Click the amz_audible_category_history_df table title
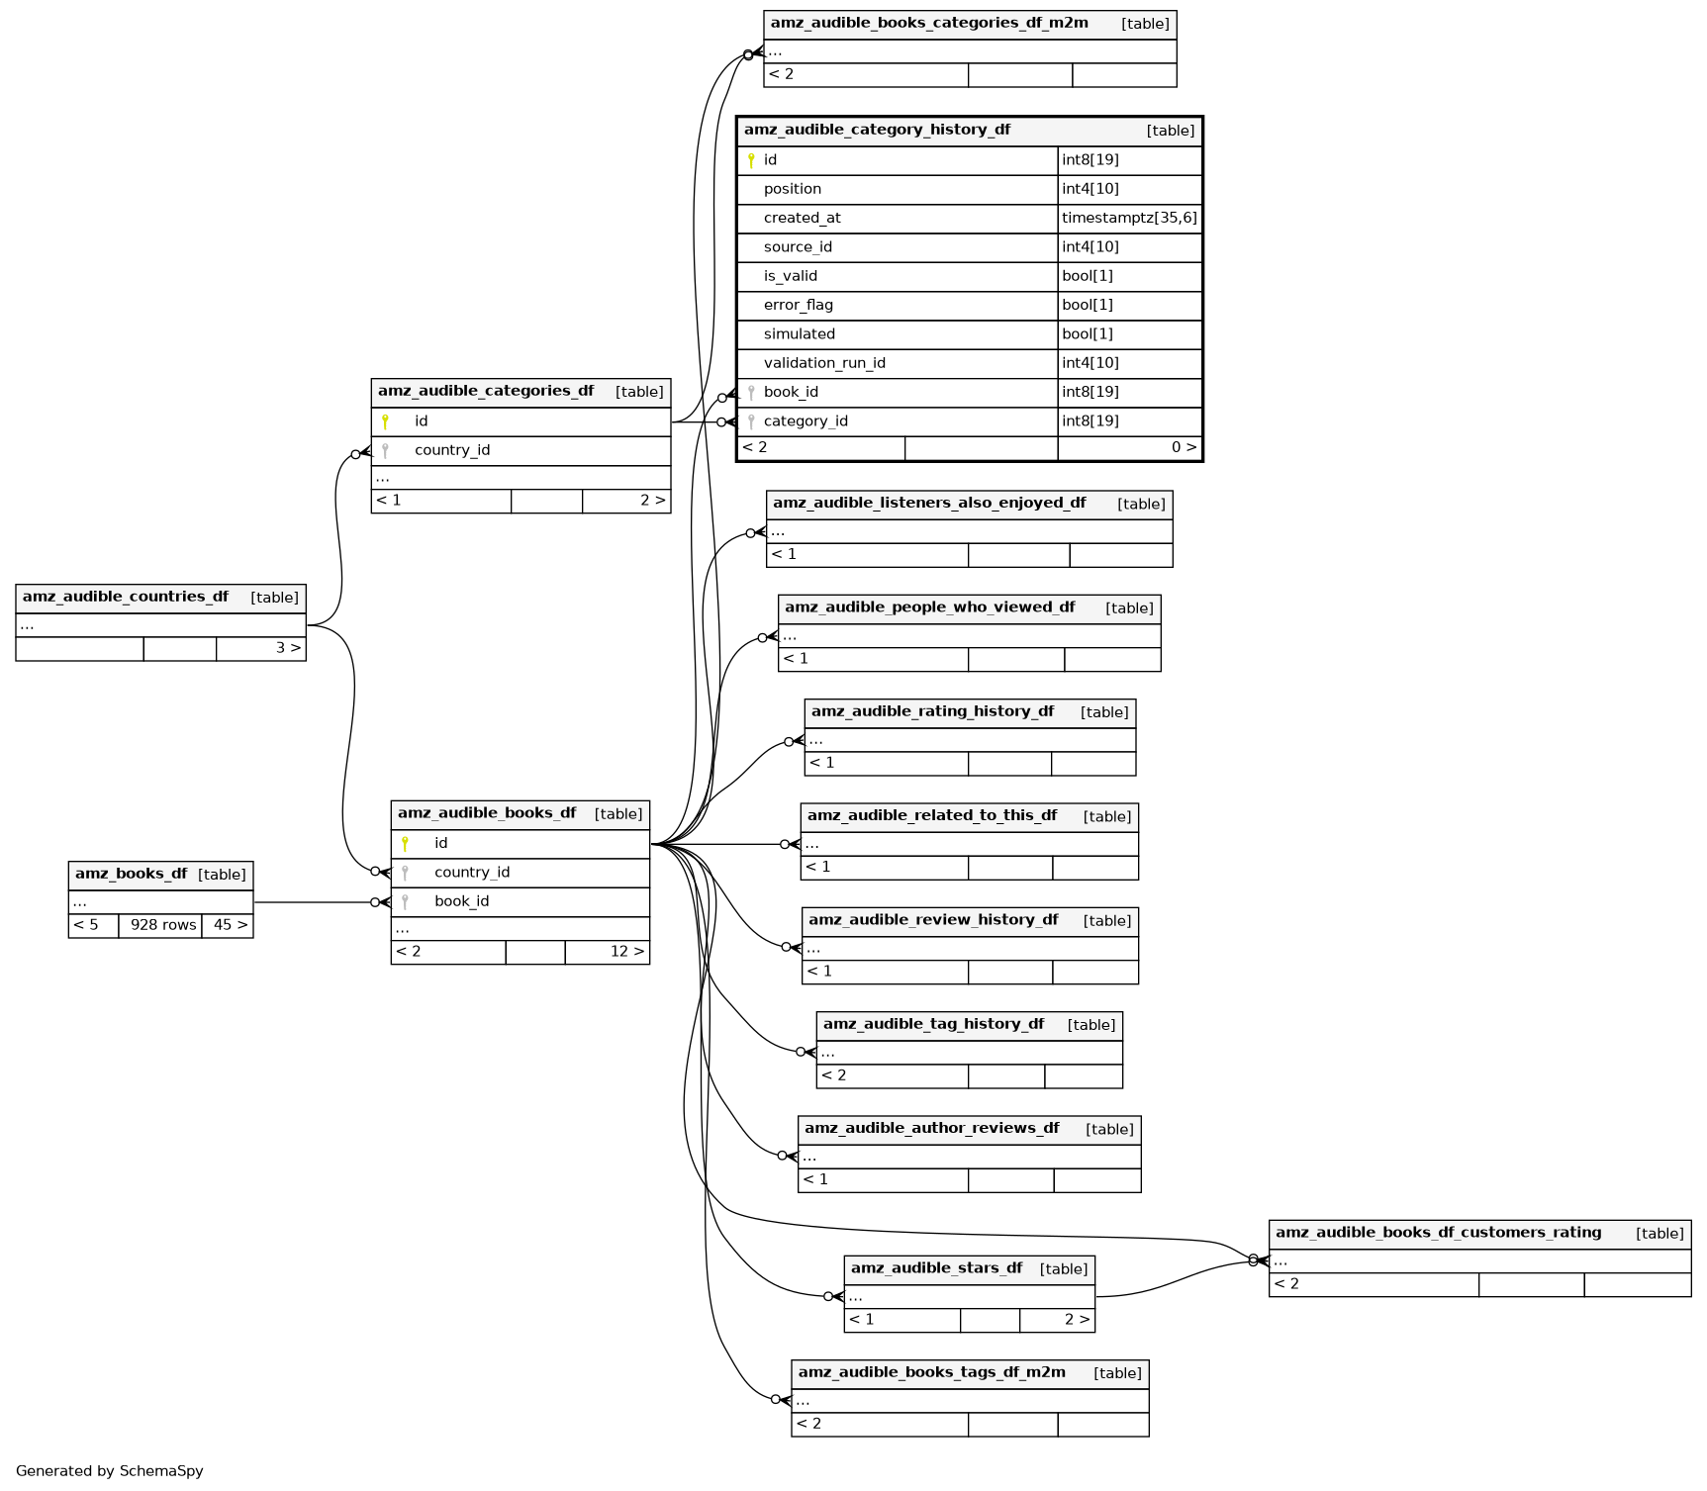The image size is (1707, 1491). point(877,130)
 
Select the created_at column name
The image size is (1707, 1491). point(802,218)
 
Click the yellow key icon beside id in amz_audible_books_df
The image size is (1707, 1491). point(405,844)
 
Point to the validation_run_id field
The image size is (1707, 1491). point(823,363)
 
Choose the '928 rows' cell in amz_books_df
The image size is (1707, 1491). point(163,925)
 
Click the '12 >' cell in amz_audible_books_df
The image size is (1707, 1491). point(626,952)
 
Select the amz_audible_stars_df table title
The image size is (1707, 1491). point(936,1268)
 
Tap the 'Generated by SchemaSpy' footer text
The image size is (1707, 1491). point(109,1471)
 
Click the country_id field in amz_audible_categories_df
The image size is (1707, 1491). point(452,450)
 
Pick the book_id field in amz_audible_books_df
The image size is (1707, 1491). point(461,901)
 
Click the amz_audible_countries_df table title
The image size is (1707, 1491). point(126,597)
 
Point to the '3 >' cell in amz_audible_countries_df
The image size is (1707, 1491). point(287,648)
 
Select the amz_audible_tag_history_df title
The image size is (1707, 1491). point(933,1024)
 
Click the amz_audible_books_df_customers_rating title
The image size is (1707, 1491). point(1438,1233)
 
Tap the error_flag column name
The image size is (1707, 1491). point(798,305)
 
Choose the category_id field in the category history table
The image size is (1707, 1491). point(806,421)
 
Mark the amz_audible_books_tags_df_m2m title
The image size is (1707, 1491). point(931,1372)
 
